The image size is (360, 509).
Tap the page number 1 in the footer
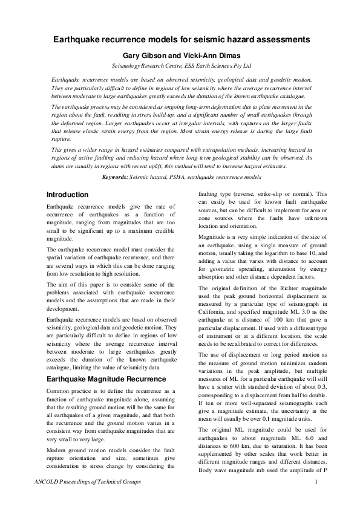click(x=316, y=481)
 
